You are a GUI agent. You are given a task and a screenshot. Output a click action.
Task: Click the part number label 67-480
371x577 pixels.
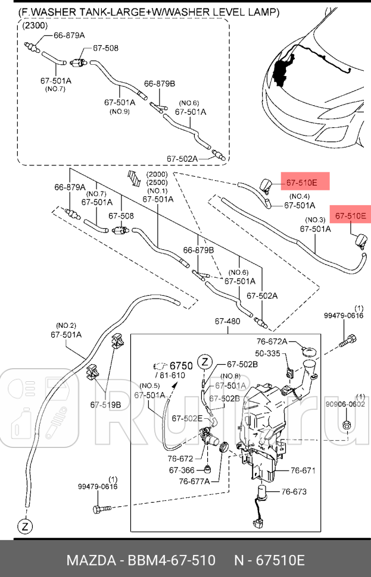pyautogui.click(x=227, y=322)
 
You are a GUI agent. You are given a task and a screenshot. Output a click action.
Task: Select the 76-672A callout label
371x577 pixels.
pyautogui.click(x=272, y=341)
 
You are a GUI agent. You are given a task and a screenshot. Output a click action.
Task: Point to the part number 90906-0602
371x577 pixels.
pyautogui.click(x=345, y=404)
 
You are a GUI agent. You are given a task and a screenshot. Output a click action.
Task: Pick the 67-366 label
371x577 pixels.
pyautogui.click(x=182, y=470)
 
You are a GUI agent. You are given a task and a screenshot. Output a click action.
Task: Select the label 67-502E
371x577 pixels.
pyautogui.click(x=187, y=419)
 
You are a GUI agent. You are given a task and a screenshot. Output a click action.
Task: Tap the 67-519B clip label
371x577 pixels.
pyautogui.click(x=106, y=405)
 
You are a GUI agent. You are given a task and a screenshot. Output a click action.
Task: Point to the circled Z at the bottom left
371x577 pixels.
pyautogui.click(x=25, y=526)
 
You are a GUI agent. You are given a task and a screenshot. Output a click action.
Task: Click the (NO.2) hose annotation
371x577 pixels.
pyautogui.click(x=66, y=325)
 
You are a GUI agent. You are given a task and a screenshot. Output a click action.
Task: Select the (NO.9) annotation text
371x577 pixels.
pyautogui.click(x=119, y=111)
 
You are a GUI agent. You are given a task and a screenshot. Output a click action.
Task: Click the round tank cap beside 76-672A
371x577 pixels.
pyautogui.click(x=308, y=353)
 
